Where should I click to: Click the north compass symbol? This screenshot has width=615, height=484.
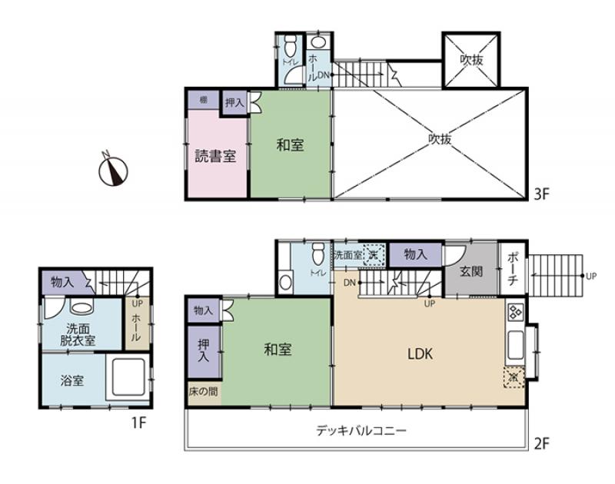(114, 170)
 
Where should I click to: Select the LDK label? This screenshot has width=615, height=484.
(421, 354)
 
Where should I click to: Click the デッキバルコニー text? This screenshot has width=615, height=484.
(361, 430)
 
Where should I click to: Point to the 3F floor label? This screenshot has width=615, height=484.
(542, 194)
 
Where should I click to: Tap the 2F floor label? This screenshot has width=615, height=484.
(542, 443)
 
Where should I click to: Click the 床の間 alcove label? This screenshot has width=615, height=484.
(203, 392)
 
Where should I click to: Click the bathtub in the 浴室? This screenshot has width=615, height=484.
(128, 377)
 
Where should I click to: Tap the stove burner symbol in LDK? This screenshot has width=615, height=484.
(514, 313)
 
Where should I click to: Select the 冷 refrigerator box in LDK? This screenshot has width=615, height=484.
(514, 377)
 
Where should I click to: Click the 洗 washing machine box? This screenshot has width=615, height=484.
(373, 254)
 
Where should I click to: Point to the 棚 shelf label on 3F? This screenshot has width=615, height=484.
(203, 100)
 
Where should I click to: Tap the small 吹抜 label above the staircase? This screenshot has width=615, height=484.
(470, 59)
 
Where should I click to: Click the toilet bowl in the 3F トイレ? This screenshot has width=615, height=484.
(291, 43)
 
